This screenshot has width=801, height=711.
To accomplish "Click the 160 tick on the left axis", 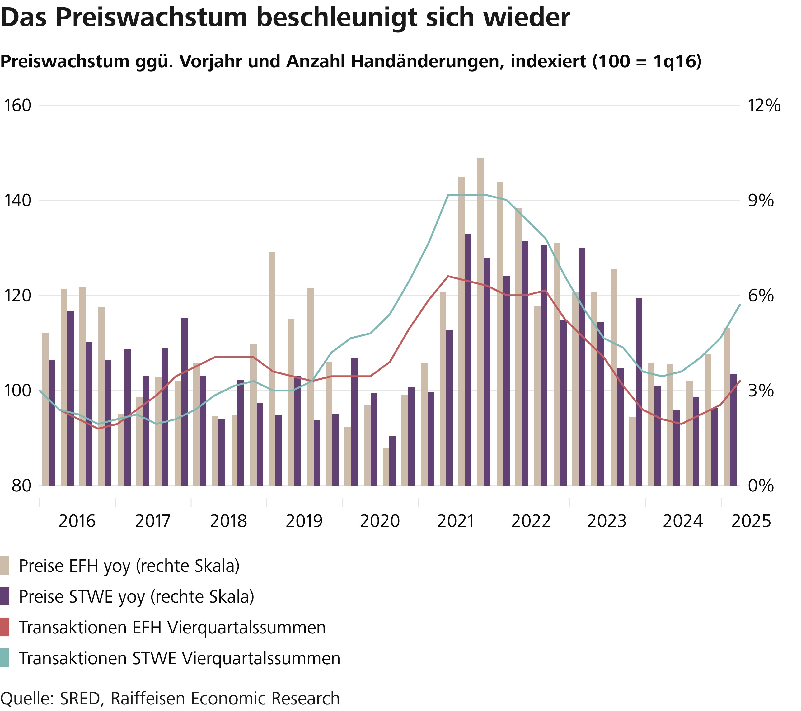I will click(x=17, y=106).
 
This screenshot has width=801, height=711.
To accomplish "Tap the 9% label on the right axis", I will click(x=761, y=201).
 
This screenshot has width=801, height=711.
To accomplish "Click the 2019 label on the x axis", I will click(x=304, y=521).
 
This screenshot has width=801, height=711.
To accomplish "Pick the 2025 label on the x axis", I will click(x=751, y=521).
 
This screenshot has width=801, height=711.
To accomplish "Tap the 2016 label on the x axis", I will click(x=77, y=521).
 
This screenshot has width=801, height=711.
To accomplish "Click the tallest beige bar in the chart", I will click(x=480, y=322).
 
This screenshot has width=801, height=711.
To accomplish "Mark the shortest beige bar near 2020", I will click(x=386, y=466).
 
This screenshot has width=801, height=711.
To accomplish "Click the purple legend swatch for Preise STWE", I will click(x=5, y=596).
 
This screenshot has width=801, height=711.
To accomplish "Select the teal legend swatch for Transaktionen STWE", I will click(x=5, y=658).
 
